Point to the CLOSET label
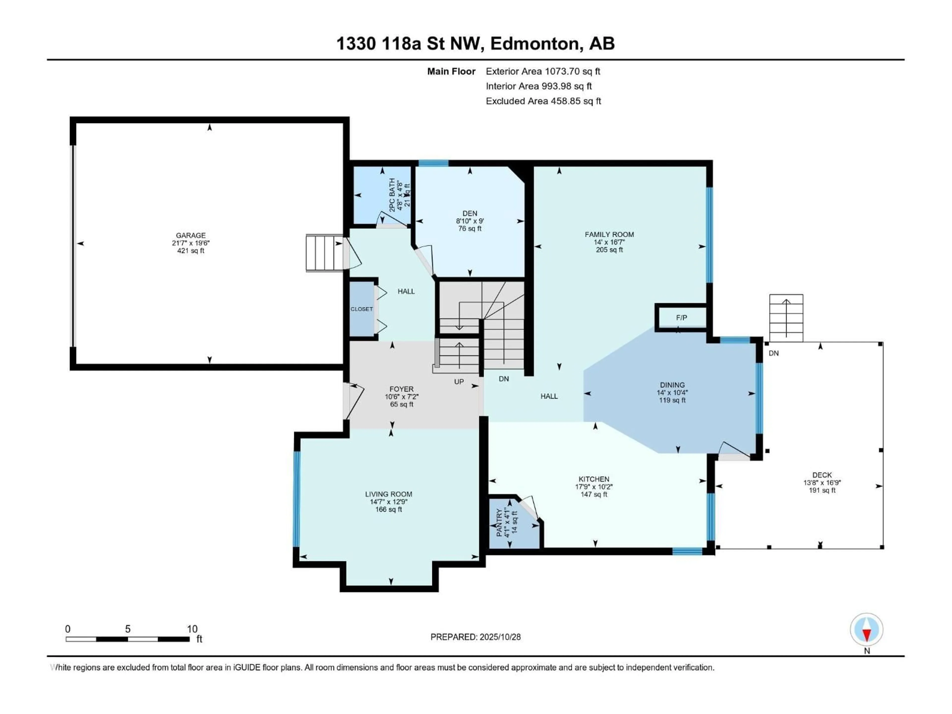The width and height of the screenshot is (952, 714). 361,309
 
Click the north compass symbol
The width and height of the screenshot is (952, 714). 866,630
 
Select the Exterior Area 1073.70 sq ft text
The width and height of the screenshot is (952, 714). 543,71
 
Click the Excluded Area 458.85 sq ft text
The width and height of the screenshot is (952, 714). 543,101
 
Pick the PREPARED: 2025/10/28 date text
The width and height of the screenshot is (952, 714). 476,637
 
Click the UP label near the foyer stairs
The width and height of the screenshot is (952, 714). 459,382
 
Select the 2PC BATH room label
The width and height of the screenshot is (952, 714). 392,195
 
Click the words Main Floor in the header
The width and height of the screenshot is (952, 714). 451,71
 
